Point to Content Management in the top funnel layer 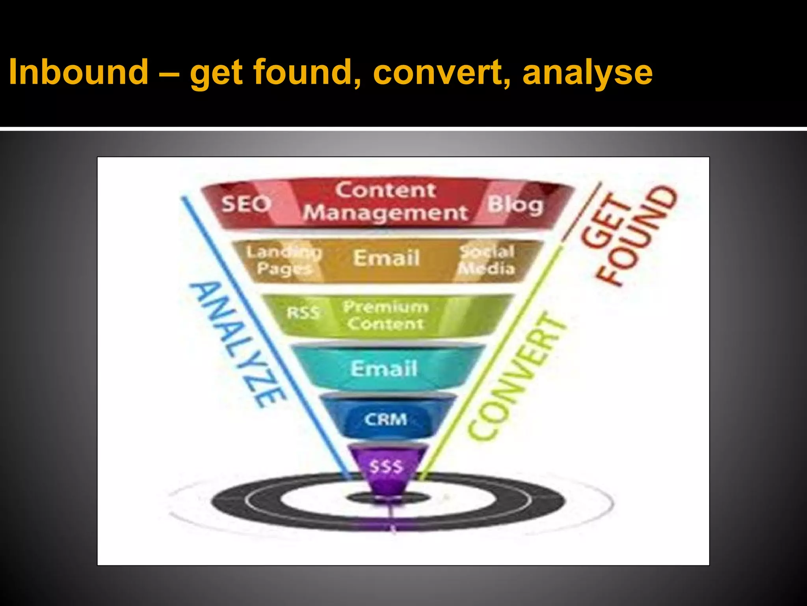(x=386, y=201)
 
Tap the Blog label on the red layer (x=515, y=205)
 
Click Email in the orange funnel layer (x=387, y=258)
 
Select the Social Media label (x=487, y=260)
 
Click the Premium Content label (x=386, y=315)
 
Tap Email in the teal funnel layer (x=384, y=368)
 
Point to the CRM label (x=385, y=419)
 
